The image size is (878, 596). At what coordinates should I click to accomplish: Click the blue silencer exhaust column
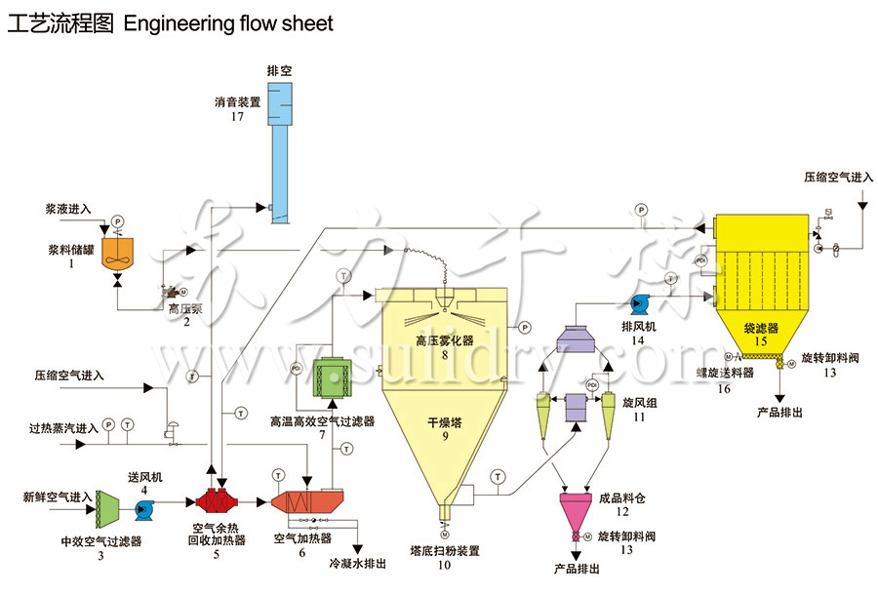[279, 156]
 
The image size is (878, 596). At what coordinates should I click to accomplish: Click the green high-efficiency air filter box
[330, 378]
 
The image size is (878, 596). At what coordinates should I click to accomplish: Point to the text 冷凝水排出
[357, 564]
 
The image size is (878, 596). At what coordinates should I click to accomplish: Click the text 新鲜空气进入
[57, 497]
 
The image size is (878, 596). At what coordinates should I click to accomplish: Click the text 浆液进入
[68, 209]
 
